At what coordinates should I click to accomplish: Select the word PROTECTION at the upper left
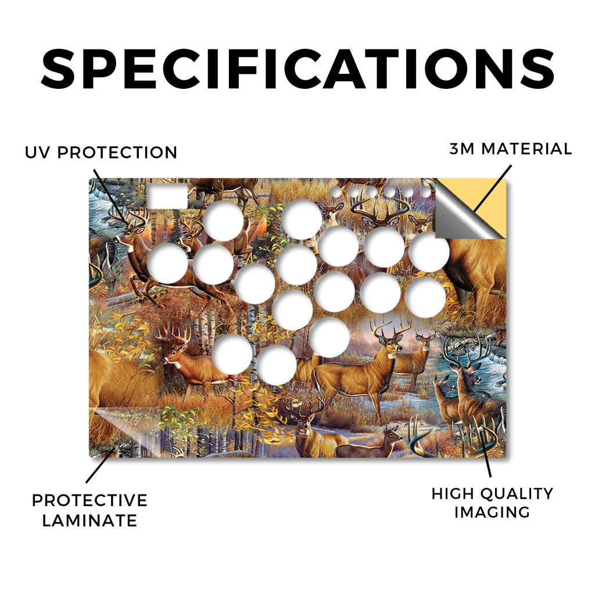click(117, 153)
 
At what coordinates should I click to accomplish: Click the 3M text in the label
click(462, 149)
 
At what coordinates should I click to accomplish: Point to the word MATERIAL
click(526, 149)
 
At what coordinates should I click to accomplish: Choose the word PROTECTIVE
click(89, 500)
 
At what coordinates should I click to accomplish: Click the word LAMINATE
click(89, 520)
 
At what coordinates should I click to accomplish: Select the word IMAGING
click(492, 512)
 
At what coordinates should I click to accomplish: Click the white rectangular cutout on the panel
click(167, 196)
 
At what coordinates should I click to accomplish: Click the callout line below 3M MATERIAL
click(493, 188)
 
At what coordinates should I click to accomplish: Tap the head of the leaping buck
click(127, 236)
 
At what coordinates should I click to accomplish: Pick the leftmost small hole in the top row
click(336, 192)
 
